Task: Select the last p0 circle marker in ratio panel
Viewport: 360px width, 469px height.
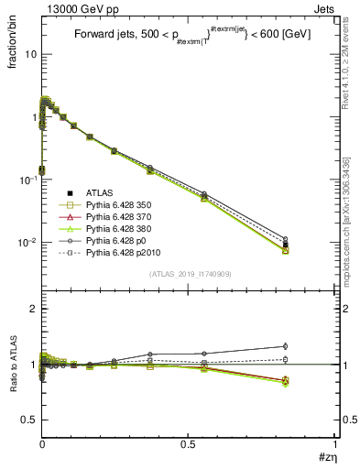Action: [x=311, y=346]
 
